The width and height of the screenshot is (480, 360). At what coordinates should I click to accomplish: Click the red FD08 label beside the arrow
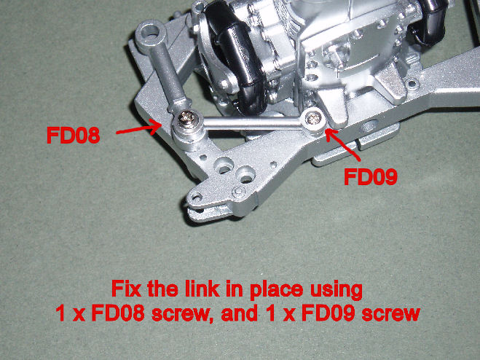[73, 135]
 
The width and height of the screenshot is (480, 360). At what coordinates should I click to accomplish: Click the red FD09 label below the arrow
[371, 176]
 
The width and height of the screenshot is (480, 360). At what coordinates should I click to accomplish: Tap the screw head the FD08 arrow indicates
[186, 120]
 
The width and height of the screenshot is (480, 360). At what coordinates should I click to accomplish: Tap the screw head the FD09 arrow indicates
[313, 117]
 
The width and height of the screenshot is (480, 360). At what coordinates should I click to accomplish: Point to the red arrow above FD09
[342, 144]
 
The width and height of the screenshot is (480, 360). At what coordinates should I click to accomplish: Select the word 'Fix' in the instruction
[127, 289]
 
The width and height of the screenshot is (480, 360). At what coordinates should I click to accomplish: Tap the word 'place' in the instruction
[277, 290]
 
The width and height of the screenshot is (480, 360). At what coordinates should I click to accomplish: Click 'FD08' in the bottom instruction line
[118, 313]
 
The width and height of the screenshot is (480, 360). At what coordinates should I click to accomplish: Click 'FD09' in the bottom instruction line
[328, 313]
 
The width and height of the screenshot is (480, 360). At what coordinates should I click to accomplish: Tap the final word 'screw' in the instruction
[391, 314]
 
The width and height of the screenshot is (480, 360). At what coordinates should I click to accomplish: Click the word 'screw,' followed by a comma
[182, 314]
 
